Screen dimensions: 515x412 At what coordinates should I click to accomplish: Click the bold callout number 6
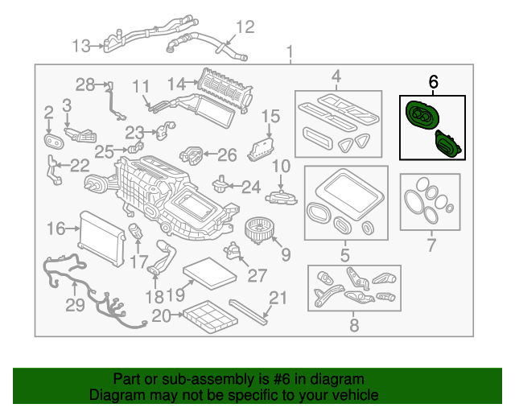433,81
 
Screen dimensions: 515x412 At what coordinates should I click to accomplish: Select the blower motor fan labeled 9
259,230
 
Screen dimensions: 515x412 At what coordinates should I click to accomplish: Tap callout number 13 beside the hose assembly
80,46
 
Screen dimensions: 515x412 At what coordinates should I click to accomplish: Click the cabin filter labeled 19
210,274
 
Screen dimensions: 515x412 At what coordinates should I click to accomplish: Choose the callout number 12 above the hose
245,27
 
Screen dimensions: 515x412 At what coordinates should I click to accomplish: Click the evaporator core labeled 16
101,238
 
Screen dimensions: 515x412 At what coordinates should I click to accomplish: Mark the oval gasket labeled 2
54,142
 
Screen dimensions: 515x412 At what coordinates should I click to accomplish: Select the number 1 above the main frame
290,52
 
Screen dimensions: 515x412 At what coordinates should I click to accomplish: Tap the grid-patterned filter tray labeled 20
210,316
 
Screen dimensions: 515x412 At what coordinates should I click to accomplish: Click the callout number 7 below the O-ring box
431,245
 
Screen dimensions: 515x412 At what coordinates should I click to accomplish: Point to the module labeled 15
261,150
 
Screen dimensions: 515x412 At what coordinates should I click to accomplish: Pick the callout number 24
251,187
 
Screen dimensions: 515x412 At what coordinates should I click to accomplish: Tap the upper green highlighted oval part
422,115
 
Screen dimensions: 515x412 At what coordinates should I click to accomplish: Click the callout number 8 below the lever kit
354,325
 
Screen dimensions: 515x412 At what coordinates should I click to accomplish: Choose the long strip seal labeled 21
248,311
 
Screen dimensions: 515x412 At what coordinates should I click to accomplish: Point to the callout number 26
227,155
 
